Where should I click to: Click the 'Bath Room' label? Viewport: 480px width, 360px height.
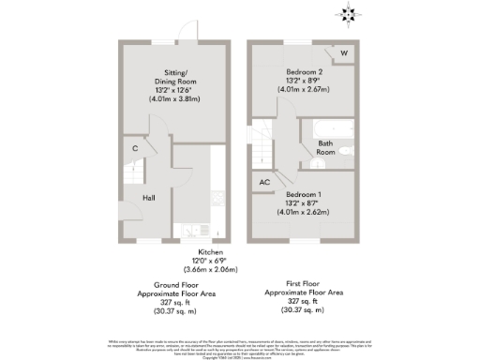(x=326, y=147)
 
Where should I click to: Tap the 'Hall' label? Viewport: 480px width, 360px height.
(x=148, y=198)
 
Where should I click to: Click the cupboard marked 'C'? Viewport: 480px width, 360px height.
(x=136, y=148)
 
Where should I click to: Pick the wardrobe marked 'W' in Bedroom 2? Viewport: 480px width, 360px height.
(x=345, y=53)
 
